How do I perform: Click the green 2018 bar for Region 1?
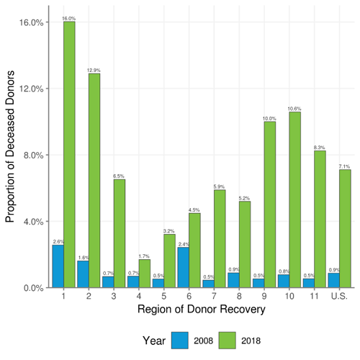click(x=69, y=154)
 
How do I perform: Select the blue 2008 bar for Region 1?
click(x=58, y=266)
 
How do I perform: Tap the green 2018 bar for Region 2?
click(x=94, y=180)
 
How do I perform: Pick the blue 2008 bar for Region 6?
click(x=184, y=267)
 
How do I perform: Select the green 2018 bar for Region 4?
click(x=145, y=274)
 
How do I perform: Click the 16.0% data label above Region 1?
click(x=69, y=18)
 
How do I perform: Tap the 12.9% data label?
click(x=94, y=70)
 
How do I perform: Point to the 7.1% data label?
click(x=345, y=166)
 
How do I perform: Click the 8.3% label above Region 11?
click(x=320, y=146)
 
